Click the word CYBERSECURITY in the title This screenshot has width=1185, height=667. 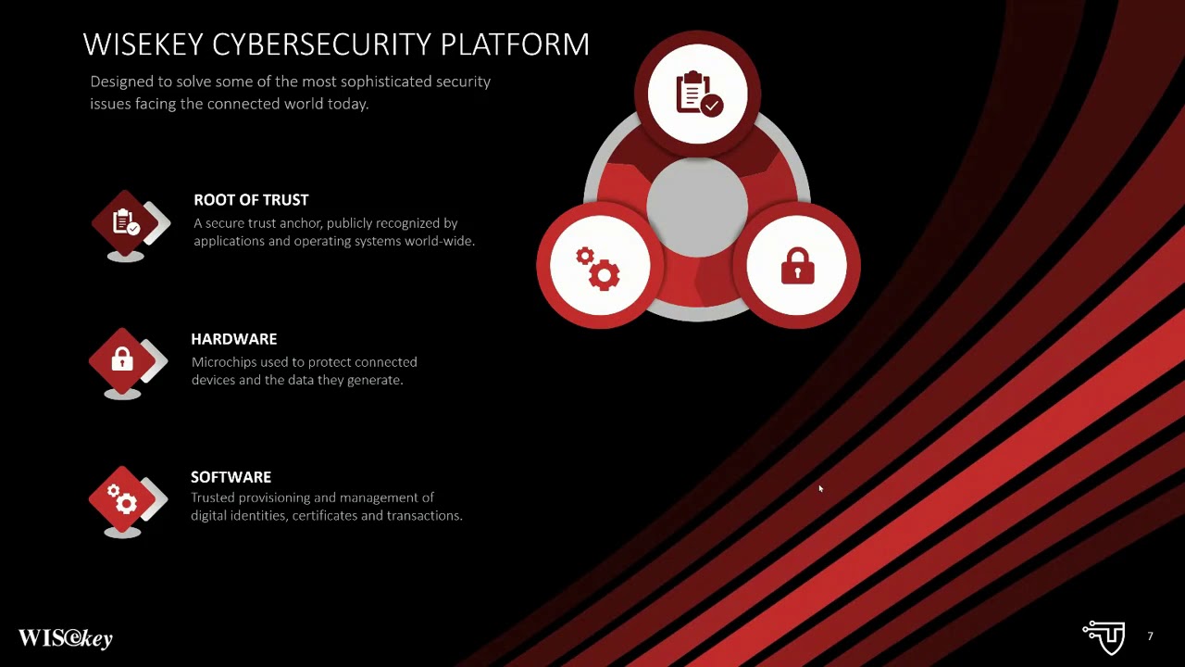click(x=323, y=44)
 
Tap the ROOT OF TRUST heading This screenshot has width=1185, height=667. click(x=251, y=200)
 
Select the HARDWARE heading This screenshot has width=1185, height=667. click(x=233, y=339)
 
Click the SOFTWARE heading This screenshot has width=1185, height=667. click(x=231, y=477)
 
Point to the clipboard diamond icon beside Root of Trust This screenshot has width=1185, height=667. click(x=126, y=223)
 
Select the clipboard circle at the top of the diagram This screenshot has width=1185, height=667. click(x=697, y=94)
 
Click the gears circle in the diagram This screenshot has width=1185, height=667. click(x=599, y=267)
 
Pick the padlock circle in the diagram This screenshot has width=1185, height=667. click(x=797, y=267)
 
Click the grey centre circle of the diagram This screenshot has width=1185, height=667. click(x=696, y=207)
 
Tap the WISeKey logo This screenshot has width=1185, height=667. click(x=65, y=638)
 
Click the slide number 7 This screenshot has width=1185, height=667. click(x=1150, y=636)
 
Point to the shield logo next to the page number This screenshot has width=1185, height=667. click(x=1104, y=636)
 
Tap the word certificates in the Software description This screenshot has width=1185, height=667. click(x=324, y=516)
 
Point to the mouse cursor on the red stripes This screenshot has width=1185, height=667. click(x=819, y=488)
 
